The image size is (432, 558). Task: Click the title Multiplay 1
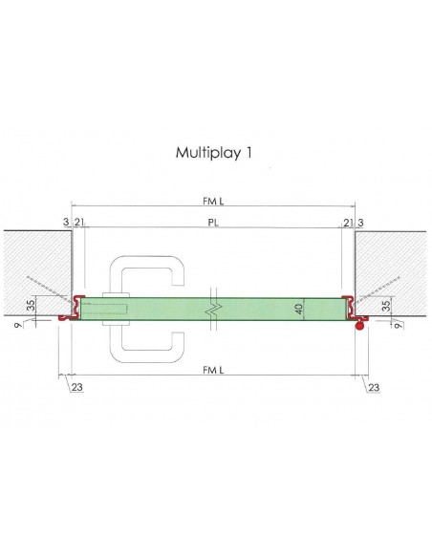(x=214, y=152)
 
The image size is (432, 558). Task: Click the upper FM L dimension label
(x=214, y=199)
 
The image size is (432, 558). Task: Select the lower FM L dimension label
(x=214, y=369)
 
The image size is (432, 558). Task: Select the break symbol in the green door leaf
(x=216, y=309)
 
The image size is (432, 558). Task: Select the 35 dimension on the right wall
(x=386, y=308)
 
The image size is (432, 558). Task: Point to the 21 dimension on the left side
(x=78, y=222)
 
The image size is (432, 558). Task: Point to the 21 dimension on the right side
(x=345, y=222)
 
